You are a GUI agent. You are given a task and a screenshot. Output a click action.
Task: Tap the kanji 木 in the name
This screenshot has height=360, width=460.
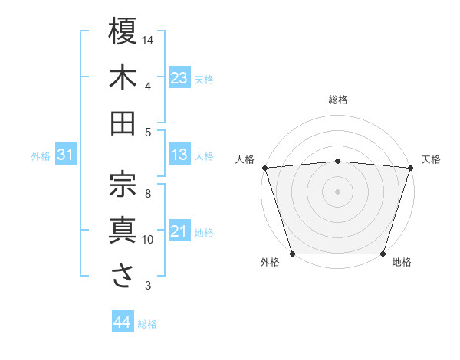click(123, 77)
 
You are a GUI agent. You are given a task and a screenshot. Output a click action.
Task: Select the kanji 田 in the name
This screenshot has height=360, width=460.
click(123, 123)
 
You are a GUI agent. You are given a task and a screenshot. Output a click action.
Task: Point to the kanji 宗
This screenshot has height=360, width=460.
click(123, 183)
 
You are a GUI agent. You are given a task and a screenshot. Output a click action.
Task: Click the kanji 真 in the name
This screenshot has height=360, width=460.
click(123, 231)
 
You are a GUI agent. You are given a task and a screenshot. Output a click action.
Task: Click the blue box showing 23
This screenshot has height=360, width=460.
click(179, 78)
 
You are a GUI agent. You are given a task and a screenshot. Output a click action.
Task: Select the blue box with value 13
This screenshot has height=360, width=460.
click(179, 155)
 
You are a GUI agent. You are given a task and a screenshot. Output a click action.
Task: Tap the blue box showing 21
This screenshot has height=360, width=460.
click(179, 231)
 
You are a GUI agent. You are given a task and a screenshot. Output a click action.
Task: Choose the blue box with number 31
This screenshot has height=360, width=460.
click(66, 155)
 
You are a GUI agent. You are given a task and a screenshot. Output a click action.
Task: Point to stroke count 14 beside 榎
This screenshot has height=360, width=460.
click(148, 40)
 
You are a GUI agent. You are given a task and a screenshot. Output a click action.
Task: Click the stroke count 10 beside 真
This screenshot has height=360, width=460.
click(148, 240)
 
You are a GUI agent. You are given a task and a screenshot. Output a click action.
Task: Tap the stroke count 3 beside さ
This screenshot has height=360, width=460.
click(148, 286)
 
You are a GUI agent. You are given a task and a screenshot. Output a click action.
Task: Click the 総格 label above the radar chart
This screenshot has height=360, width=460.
click(338, 100)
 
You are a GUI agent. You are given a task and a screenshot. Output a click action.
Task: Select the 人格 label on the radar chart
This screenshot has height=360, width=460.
click(245, 159)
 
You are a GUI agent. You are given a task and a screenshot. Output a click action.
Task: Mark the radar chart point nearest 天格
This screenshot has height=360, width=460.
click(411, 167)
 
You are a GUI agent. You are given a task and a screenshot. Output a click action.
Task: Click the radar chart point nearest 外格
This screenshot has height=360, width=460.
click(292, 254)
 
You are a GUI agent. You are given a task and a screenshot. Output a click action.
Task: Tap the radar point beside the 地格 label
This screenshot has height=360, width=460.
click(383, 254)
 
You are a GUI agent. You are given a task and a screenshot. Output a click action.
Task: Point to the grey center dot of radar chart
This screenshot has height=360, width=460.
click(338, 191)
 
